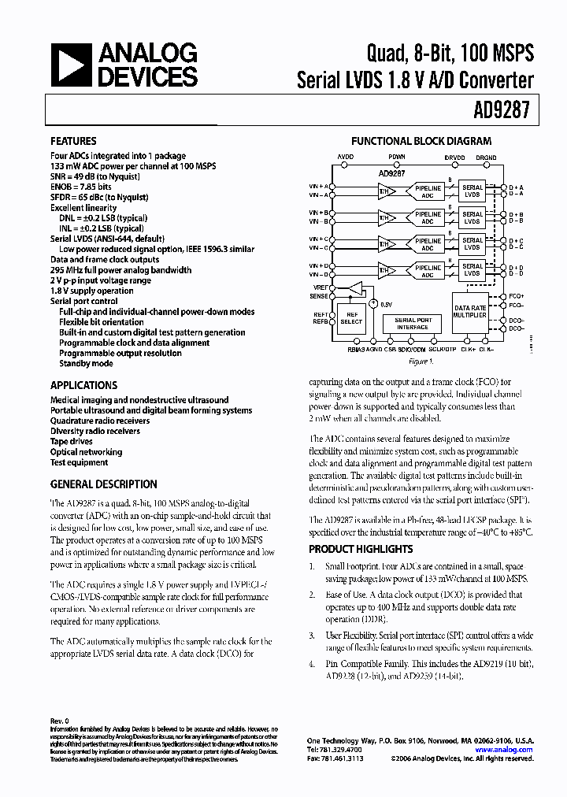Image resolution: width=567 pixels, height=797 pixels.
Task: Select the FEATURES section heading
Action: pos(73,142)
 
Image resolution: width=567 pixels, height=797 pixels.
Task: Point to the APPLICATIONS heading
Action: pos(83,385)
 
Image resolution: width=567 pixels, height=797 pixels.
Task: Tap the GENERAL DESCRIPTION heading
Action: pos(103,484)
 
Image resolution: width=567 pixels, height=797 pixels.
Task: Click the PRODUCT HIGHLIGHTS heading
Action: pos(360,549)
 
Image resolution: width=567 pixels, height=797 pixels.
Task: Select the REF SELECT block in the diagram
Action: pos(351,317)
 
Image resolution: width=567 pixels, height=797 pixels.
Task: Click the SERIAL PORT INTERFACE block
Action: pos(413,324)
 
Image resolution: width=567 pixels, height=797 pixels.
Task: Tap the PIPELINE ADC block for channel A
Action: pos(428,191)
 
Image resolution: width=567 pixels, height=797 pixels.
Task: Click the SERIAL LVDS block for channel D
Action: pos(472,269)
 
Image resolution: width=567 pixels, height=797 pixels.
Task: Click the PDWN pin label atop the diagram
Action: pos(398,157)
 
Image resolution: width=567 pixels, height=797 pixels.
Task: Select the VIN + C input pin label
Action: pos(319,239)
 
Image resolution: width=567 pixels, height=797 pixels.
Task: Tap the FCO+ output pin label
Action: pos(516,295)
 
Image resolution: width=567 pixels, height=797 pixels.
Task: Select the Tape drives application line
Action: pos(72,442)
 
